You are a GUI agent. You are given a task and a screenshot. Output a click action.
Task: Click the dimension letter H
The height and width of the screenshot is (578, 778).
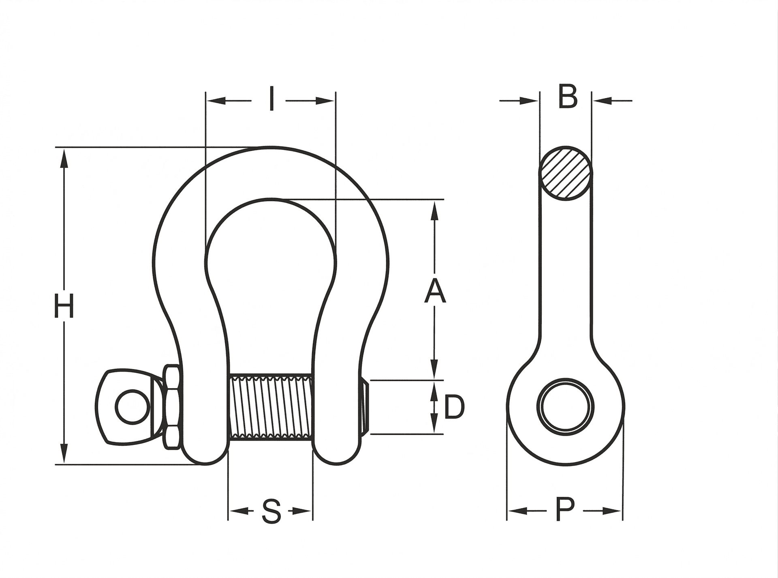[x=64, y=306]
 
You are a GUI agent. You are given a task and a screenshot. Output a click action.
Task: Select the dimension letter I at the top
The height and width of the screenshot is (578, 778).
[x=272, y=99]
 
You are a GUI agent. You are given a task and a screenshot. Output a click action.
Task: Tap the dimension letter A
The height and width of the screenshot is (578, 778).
[x=435, y=291]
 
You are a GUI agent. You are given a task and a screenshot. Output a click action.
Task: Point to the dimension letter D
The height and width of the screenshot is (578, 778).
[x=454, y=407]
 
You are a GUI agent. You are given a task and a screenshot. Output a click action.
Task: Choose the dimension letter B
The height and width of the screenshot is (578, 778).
[x=567, y=97]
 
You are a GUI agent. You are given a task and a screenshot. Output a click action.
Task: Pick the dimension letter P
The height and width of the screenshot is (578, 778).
[x=565, y=510]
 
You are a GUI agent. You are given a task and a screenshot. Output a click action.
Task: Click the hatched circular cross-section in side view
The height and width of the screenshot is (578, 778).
[x=565, y=173]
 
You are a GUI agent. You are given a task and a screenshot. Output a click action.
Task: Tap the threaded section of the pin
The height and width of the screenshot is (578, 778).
[x=270, y=406]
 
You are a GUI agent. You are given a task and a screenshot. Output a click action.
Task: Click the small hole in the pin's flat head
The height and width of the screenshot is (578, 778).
[x=130, y=406]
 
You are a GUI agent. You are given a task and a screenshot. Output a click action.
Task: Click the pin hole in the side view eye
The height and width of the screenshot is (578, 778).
[x=565, y=407]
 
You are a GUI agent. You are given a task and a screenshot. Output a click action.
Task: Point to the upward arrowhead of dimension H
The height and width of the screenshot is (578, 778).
[x=64, y=158]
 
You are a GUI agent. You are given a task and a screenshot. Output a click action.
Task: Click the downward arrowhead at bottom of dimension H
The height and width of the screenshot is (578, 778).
[x=64, y=453]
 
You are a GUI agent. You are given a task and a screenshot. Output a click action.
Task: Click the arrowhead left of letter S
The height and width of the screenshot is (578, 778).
[x=239, y=511]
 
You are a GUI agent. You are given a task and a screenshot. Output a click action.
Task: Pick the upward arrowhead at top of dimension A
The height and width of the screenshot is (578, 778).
[x=435, y=211]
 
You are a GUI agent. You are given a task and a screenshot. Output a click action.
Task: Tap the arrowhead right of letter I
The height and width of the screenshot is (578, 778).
[x=325, y=101]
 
